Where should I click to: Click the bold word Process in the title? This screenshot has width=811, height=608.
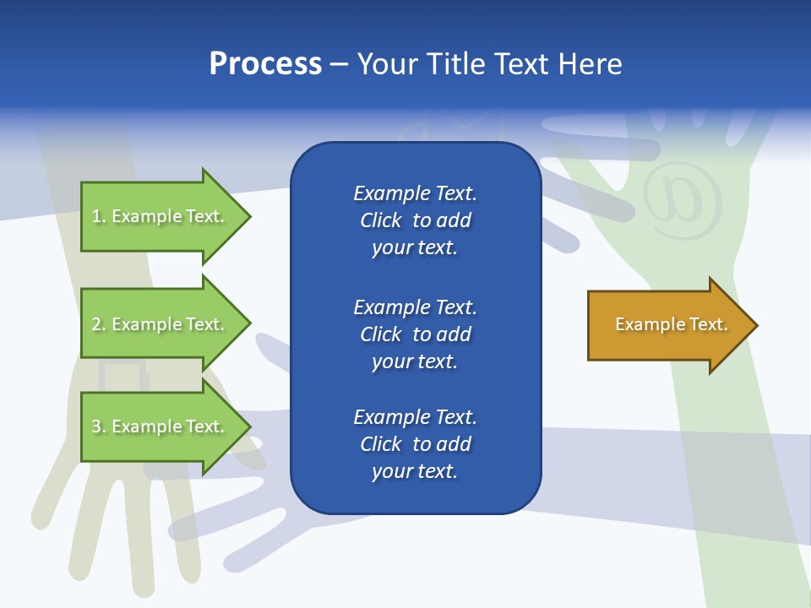click(265, 64)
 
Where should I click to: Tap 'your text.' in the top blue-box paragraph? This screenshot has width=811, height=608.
click(415, 248)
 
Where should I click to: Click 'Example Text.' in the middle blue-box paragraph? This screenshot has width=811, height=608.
click(415, 307)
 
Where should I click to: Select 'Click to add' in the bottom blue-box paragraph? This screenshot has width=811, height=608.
click(415, 444)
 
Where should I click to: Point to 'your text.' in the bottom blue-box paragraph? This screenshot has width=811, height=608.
click(415, 471)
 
